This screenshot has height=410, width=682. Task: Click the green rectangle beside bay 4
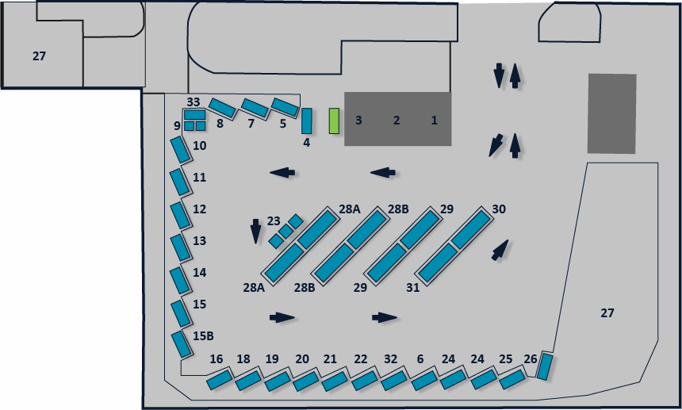point(334,121)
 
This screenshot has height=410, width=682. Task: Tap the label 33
point(193,102)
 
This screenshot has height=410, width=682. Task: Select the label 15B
point(203,336)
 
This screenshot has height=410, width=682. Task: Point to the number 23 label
point(274,221)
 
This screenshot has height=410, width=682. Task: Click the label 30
point(499,209)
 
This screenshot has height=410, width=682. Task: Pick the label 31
point(412,288)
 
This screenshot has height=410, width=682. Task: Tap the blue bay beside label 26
point(545,366)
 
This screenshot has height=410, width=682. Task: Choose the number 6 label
point(420,359)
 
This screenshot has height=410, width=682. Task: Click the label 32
point(391,359)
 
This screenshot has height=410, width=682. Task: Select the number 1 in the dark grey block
point(434,121)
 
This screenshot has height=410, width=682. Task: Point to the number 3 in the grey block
point(358,121)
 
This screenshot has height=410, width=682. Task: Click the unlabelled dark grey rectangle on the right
point(612,113)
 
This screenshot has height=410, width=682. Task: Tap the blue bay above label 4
point(307,121)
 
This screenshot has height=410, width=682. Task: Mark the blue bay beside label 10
point(181,150)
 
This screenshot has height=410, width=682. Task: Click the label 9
point(177,126)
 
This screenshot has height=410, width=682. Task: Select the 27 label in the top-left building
point(39,56)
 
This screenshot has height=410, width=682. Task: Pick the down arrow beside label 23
point(255,232)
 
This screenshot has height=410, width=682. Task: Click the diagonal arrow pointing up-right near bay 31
point(500,251)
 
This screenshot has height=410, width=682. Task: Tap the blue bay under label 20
point(306,381)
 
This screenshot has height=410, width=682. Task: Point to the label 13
point(199,241)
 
